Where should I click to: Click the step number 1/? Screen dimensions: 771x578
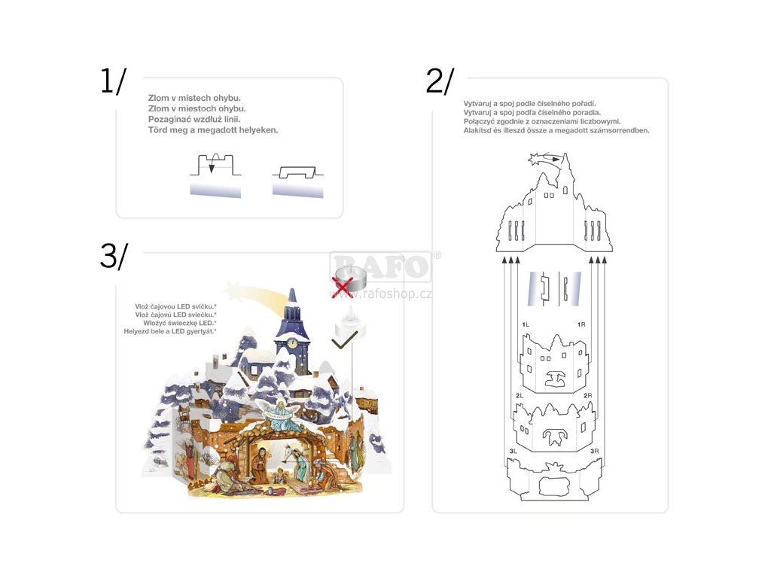[114, 81]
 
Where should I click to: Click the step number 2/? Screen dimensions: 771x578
[440, 81]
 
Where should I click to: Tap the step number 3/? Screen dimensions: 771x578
[114, 257]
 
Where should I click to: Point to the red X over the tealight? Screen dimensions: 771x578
[343, 286]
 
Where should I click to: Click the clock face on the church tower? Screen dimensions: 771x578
[291, 343]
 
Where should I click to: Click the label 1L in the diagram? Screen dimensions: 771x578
[526, 324]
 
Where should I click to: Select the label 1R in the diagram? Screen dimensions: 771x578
[581, 324]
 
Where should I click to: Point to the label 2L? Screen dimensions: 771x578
[520, 395]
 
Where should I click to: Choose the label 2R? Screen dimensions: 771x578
[588, 395]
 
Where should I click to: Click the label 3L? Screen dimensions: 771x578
[513, 451]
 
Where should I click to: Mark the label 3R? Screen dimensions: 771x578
[595, 451]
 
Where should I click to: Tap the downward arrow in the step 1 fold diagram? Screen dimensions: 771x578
[212, 165]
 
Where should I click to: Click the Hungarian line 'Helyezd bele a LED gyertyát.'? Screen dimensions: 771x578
[171, 331]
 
